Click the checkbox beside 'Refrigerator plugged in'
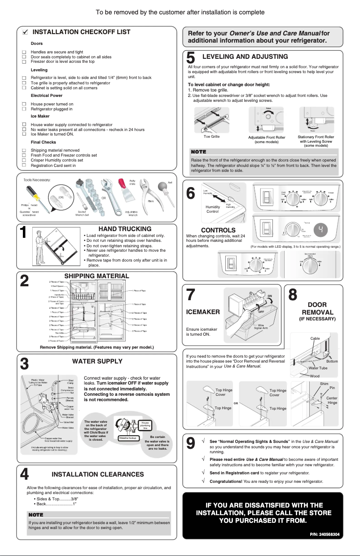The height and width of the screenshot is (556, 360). (24, 109)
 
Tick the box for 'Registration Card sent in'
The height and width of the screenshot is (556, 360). (24, 166)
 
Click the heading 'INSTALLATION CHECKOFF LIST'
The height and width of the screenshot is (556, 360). (81, 32)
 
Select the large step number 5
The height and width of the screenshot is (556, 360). (190, 58)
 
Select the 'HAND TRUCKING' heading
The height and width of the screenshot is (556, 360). (125, 229)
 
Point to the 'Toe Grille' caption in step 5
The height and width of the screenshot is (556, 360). (211, 136)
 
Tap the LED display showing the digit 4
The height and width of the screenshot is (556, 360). (320, 230)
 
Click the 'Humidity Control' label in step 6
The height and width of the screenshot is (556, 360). (213, 209)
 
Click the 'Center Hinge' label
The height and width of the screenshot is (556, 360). (332, 400)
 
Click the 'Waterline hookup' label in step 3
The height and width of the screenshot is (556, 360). (127, 438)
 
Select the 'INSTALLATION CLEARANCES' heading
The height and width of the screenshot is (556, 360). (98, 474)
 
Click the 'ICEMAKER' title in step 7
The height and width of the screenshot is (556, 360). (202, 311)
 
